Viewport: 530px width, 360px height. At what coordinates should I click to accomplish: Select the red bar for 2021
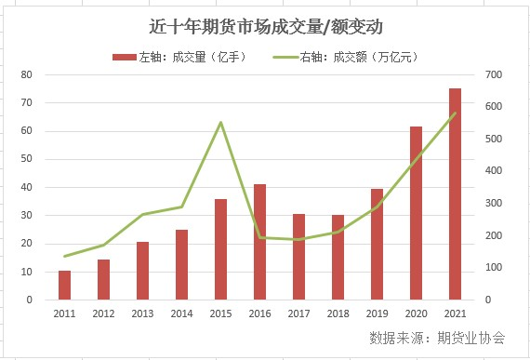pos(455,194)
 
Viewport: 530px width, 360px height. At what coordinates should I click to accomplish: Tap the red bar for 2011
pos(64,286)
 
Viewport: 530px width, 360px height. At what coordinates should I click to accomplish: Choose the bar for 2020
pos(416,213)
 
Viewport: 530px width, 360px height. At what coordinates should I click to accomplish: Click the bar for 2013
pos(142,271)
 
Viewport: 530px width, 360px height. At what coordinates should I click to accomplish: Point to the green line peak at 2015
pos(220,122)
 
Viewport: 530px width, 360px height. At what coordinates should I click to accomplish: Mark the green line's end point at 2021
pos(455,113)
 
